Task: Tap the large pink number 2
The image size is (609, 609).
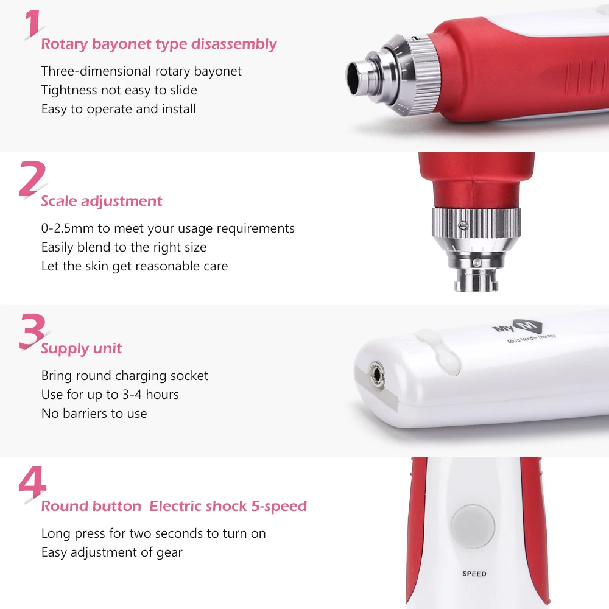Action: coord(32,179)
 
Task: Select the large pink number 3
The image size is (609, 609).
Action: coord(32,331)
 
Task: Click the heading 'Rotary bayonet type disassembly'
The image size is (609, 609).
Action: coord(158,44)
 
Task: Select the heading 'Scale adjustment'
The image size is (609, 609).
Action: coord(102,201)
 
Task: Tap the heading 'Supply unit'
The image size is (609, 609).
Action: coord(81,349)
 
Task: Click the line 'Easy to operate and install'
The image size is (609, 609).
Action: coord(118,109)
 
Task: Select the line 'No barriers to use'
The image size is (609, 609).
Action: coord(94,414)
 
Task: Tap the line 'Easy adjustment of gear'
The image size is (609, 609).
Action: coord(111,552)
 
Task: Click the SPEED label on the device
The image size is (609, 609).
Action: coord(474,574)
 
